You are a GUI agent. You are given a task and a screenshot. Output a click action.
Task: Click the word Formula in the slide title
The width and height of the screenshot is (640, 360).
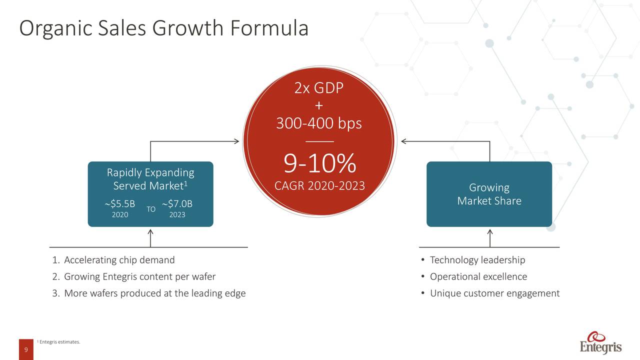[x=269, y=28]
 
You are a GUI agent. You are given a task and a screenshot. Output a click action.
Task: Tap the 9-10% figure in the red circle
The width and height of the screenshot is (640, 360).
[x=319, y=163]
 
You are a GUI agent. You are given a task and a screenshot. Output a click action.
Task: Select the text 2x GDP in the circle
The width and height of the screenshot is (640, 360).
[x=319, y=88]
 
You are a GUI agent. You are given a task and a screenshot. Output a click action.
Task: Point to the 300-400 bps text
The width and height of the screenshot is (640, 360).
[x=319, y=123]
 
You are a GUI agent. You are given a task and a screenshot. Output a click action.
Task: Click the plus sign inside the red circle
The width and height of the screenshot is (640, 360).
[x=319, y=106]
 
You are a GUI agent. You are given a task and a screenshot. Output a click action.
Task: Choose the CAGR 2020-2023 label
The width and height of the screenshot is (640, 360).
[x=319, y=185]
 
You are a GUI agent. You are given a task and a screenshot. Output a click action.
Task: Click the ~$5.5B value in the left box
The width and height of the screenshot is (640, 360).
[x=120, y=203]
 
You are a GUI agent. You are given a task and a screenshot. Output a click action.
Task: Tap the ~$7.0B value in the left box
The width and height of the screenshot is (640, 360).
[x=177, y=203]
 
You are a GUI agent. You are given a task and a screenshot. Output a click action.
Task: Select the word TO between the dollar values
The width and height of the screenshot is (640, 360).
[x=151, y=209]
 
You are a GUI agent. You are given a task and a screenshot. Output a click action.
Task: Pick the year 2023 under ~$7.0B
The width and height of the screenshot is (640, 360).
[x=177, y=214]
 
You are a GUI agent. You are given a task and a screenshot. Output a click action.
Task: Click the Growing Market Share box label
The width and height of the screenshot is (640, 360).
[x=489, y=194]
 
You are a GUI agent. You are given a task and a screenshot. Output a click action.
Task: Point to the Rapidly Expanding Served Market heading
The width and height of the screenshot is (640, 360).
[x=150, y=179]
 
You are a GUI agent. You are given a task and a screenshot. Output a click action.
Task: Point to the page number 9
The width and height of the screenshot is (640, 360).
[x=26, y=349]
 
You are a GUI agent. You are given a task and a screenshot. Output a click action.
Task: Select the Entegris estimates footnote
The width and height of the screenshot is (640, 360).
[x=58, y=341]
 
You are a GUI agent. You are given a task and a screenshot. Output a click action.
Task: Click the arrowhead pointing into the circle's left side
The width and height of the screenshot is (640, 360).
[x=237, y=141]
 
